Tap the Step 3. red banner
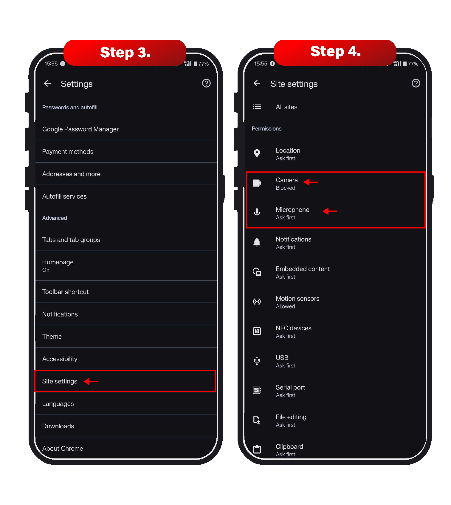pyautogui.click(x=125, y=53)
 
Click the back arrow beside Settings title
pyautogui.click(x=47, y=83)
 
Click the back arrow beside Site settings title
pyautogui.click(x=257, y=83)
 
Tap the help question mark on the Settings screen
pyautogui.click(x=206, y=83)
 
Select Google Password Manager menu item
pyautogui.click(x=80, y=129)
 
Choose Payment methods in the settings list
pyautogui.click(x=68, y=152)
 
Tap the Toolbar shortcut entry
pyautogui.click(x=65, y=292)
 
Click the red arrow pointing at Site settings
pyautogui.click(x=91, y=381)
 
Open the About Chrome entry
pyautogui.click(x=63, y=449)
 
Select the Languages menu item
pyautogui.click(x=58, y=404)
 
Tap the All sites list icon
pyautogui.click(x=257, y=107)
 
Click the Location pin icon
pyautogui.click(x=257, y=154)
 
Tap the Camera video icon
pyautogui.click(x=257, y=183)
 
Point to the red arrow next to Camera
pyautogui.click(x=311, y=182)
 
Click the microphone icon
pyautogui.click(x=257, y=213)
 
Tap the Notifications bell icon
pyautogui.click(x=257, y=242)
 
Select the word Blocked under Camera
pyautogui.click(x=286, y=188)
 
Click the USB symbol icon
pyautogui.click(x=257, y=361)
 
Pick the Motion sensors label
pyautogui.click(x=297, y=299)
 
